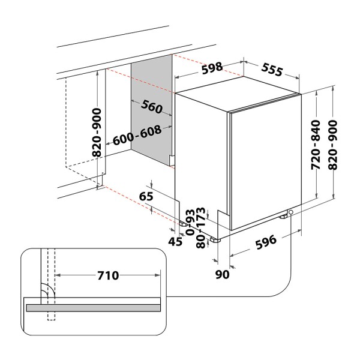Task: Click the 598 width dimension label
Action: [x=212, y=68]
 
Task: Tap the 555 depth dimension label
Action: [x=272, y=70]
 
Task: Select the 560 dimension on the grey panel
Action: [x=152, y=107]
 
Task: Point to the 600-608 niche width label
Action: [x=137, y=135]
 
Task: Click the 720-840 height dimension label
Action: [x=316, y=145]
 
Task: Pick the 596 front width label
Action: [x=266, y=242]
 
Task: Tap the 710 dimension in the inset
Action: [x=108, y=275]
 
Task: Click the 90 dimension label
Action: [x=222, y=274]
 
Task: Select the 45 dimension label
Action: [x=175, y=242]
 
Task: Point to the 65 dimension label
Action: [x=146, y=197]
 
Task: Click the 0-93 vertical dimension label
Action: [x=190, y=222]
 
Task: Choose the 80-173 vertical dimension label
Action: [x=200, y=227]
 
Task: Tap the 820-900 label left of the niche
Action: [x=97, y=133]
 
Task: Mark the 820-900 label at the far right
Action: [x=333, y=145]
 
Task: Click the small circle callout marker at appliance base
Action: [x=291, y=212]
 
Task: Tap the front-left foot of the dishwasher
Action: [x=215, y=240]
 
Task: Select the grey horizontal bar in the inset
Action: [x=94, y=308]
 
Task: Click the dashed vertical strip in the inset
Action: [x=51, y=284]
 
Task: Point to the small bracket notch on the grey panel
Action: [x=172, y=160]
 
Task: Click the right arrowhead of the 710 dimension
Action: [x=158, y=275]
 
